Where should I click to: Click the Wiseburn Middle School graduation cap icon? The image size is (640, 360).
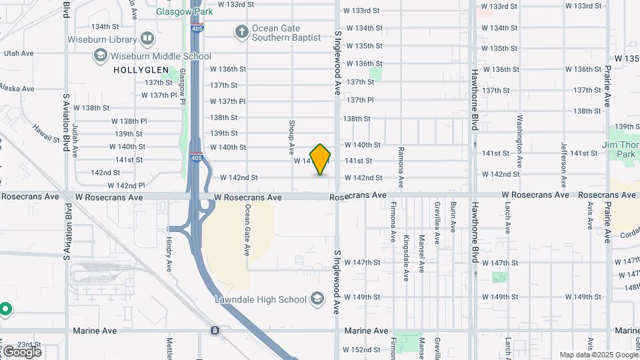pos(100,56)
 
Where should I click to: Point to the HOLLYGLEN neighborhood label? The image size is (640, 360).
pos(138,69)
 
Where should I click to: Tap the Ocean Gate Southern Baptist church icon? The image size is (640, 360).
pos(241,31)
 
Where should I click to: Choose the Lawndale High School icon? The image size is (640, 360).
pos(317,299)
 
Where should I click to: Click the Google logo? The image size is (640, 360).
pos(21,351)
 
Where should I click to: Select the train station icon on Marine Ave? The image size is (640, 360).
pos(215,330)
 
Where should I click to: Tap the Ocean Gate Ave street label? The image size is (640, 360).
pos(247,230)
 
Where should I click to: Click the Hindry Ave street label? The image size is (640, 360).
pos(169,254)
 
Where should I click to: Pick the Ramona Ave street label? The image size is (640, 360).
pos(401,167)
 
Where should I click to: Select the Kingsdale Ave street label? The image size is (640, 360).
pos(406,257)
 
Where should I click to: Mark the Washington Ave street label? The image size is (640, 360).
pos(519,141)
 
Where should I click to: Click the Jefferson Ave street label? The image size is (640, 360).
pos(564,165)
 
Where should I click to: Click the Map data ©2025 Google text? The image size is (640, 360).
pos(598,355)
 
